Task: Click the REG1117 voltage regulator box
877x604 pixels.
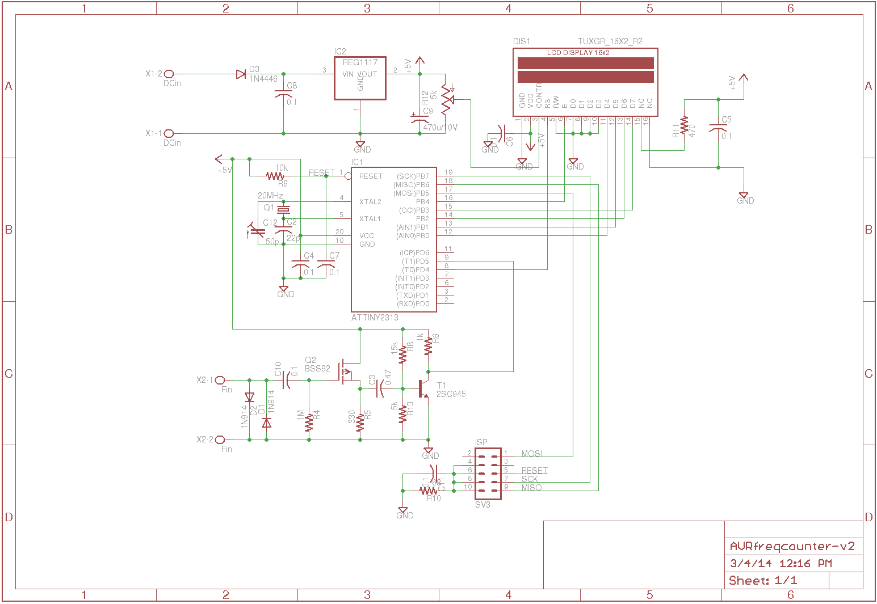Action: (360, 78)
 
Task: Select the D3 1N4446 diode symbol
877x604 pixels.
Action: (241, 74)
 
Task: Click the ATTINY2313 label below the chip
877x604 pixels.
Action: (375, 318)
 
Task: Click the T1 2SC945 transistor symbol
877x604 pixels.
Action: (423, 388)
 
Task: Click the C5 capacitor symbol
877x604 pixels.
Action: (719, 128)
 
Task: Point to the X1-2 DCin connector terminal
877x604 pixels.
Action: (169, 74)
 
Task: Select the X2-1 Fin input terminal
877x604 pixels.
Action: (220, 380)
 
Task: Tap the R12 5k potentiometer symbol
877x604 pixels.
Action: (446, 101)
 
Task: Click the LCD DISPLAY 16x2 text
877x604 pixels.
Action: (578, 53)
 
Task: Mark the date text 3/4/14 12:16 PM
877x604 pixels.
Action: (781, 563)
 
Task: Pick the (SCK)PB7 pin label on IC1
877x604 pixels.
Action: (413, 176)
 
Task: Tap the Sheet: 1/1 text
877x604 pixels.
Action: (763, 580)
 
